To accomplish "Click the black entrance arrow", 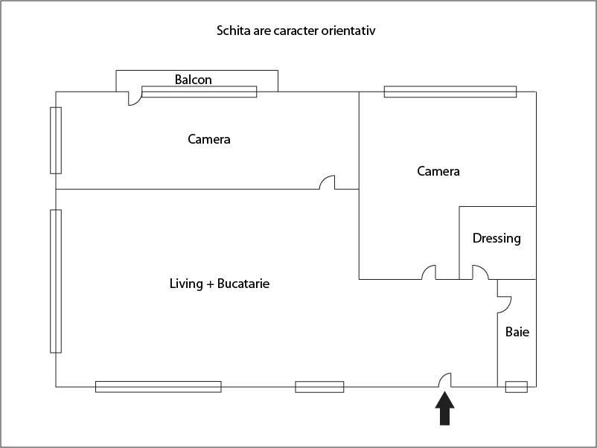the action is tap(444, 409).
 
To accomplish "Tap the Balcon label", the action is tap(193, 80).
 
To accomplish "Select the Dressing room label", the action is tap(497, 238).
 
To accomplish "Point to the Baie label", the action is tap(517, 332).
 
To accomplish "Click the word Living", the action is tap(186, 284).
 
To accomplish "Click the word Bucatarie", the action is tap(243, 284).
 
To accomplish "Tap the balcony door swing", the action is tap(135, 98).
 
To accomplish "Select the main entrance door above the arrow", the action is tap(444, 380).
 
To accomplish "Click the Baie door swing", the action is tap(505, 304).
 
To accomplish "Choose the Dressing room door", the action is tap(480, 272).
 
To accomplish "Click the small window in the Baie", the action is tap(517, 387).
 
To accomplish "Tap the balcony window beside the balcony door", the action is tap(199, 92).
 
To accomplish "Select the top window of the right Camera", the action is tap(450, 92).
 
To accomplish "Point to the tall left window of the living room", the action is tap(56, 281).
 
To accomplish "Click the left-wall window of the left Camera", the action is tap(56, 141).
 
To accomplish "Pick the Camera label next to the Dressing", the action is tap(438, 171).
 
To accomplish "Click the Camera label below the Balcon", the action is tap(209, 139).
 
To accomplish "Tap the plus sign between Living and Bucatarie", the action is tap(210, 284).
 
